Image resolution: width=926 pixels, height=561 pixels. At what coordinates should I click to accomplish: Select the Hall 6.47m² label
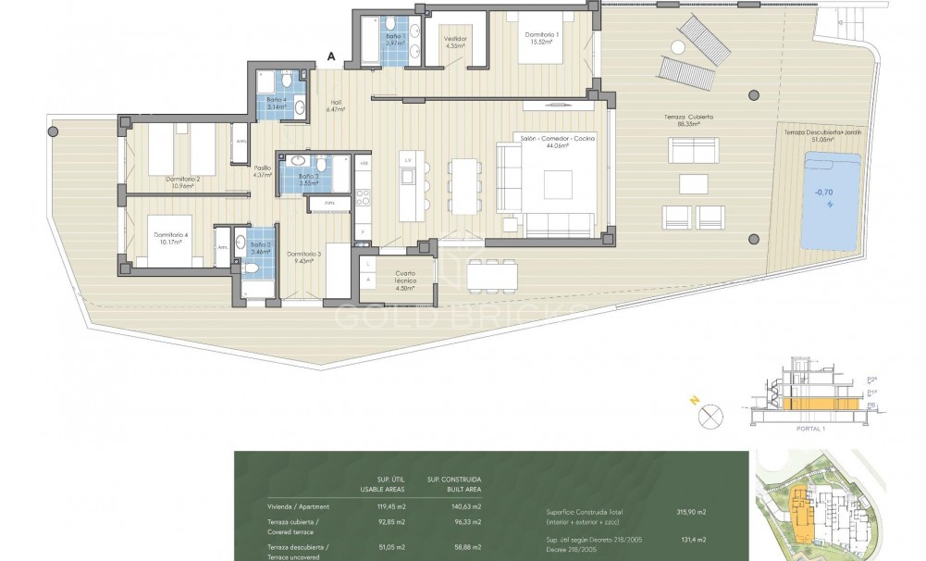(336, 106)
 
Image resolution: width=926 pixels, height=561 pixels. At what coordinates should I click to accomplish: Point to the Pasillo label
(263, 170)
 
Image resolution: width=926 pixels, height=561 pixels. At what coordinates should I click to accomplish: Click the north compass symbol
(710, 417)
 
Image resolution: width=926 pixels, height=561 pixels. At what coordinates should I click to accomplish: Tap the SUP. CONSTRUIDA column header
(454, 484)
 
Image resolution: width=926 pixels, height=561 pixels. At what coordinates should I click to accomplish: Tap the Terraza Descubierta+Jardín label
(820, 136)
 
